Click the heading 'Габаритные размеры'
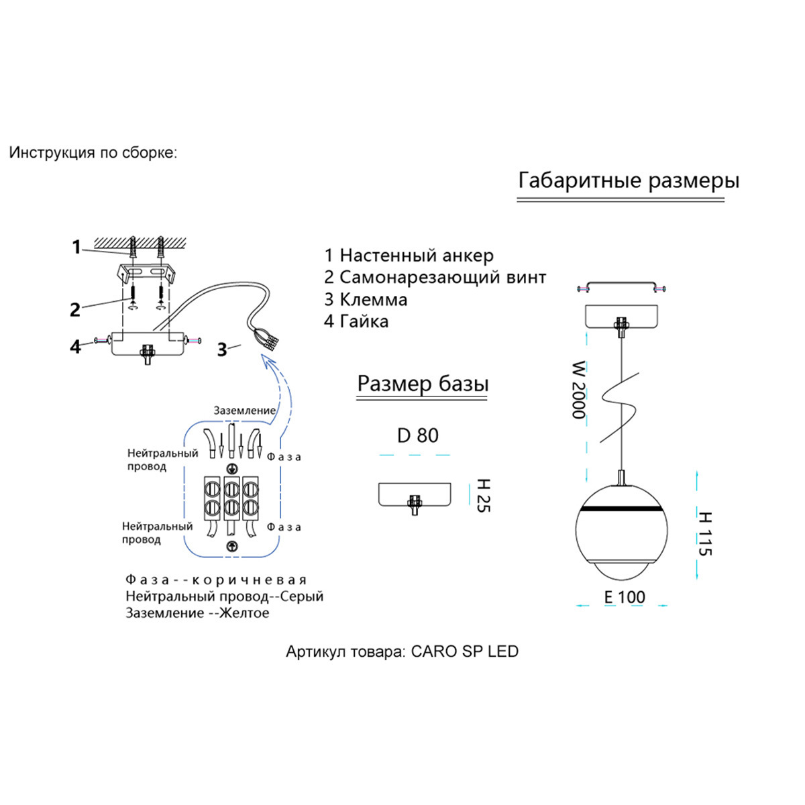pos(629,180)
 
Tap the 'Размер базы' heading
pos(423,384)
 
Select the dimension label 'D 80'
pos(417,435)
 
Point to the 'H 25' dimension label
pos(483,496)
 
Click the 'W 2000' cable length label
pos(578,390)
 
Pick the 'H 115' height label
pos(704,534)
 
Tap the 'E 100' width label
pos(624,597)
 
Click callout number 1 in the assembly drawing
pos(76,248)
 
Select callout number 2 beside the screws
pos(75,309)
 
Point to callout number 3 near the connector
pos(221,350)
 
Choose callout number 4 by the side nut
pos(76,346)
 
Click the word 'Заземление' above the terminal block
pos(245,411)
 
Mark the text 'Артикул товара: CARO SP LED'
pos(402,651)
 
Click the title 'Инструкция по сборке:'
pos(93,153)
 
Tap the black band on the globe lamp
pos(616,509)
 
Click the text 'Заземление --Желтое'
pos(197,613)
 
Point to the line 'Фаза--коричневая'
pos(216,580)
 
